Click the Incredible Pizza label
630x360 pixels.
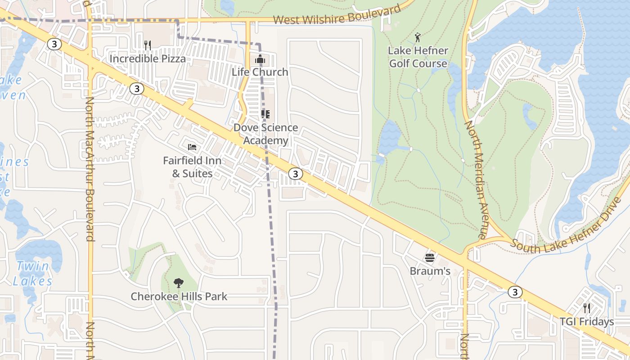point(148,58)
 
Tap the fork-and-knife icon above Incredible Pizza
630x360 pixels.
point(148,45)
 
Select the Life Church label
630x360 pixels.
point(260,72)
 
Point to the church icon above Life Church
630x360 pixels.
point(260,59)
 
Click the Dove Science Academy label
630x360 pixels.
point(265,134)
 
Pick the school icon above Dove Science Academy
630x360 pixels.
point(265,114)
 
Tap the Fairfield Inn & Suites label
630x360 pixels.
point(192,167)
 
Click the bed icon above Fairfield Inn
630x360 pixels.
point(192,147)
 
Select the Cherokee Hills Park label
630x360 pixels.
point(179,297)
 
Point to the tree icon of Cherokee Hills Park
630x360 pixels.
point(179,283)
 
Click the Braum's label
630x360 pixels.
point(430,271)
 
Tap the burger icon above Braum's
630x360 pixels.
point(430,258)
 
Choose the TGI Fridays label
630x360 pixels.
point(587,322)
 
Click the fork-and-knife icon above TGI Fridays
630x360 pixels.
point(587,308)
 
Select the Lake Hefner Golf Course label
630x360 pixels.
point(418,57)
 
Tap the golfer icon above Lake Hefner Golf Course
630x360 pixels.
point(418,38)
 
